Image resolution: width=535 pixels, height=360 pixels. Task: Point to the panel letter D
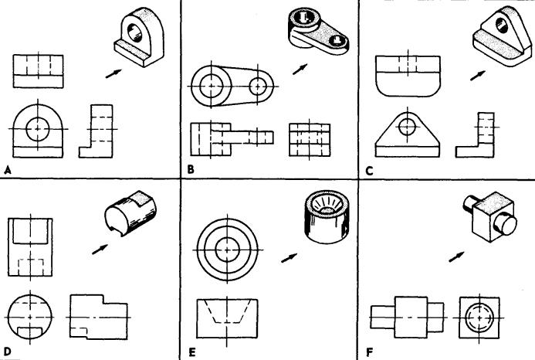(7, 353)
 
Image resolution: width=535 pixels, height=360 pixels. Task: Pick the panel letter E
(191, 353)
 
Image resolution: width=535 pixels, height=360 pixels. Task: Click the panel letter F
(370, 353)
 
